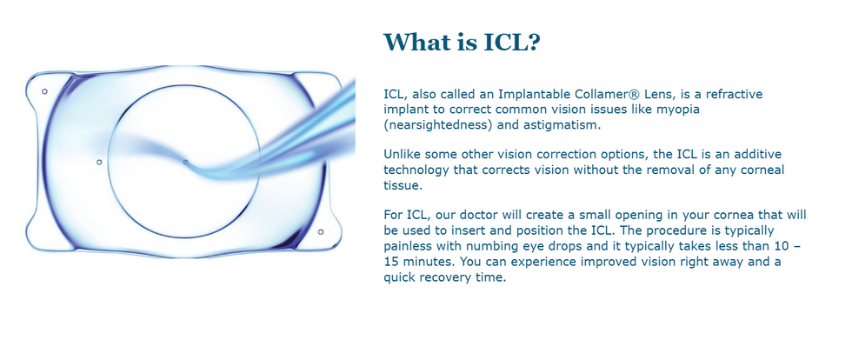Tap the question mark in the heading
pos(532,43)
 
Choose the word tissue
pos(401,185)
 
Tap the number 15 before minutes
pos(390,262)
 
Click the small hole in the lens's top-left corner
pos(44,91)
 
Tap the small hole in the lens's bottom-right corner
pos(321,232)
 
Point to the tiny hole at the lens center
pos(185,162)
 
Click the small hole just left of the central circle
pos(99,162)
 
